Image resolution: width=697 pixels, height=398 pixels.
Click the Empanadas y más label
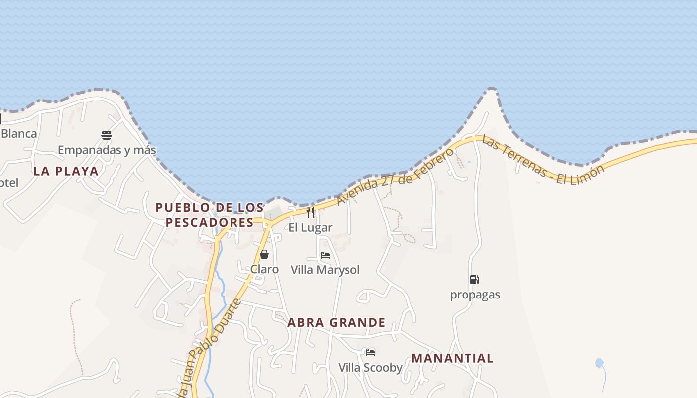[107, 150]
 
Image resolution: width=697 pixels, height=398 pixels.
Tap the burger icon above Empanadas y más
[106, 135]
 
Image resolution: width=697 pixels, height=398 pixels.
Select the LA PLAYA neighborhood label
[66, 171]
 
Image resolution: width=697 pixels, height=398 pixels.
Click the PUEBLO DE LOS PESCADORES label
[210, 215]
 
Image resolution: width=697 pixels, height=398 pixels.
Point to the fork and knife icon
[310, 213]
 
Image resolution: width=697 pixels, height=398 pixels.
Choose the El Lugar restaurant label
[310, 228]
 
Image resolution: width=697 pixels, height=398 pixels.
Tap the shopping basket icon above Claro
[264, 254]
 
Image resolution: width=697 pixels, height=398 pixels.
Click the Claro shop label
[264, 269]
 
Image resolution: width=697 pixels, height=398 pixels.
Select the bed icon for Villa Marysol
[325, 255]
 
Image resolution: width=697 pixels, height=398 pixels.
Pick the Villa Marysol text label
[325, 270]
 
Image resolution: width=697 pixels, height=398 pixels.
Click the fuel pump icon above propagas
[474, 280]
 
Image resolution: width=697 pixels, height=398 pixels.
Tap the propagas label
[475, 295]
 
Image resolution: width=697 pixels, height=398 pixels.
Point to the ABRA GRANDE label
[337, 323]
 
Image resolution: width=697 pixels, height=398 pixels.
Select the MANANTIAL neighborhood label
[453, 358]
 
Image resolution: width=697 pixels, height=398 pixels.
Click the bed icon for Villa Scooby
[370, 353]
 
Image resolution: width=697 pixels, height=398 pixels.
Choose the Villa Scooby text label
[370, 368]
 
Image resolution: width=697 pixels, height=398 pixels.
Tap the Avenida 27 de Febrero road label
[395, 176]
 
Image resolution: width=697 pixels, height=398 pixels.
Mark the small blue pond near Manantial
[599, 363]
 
